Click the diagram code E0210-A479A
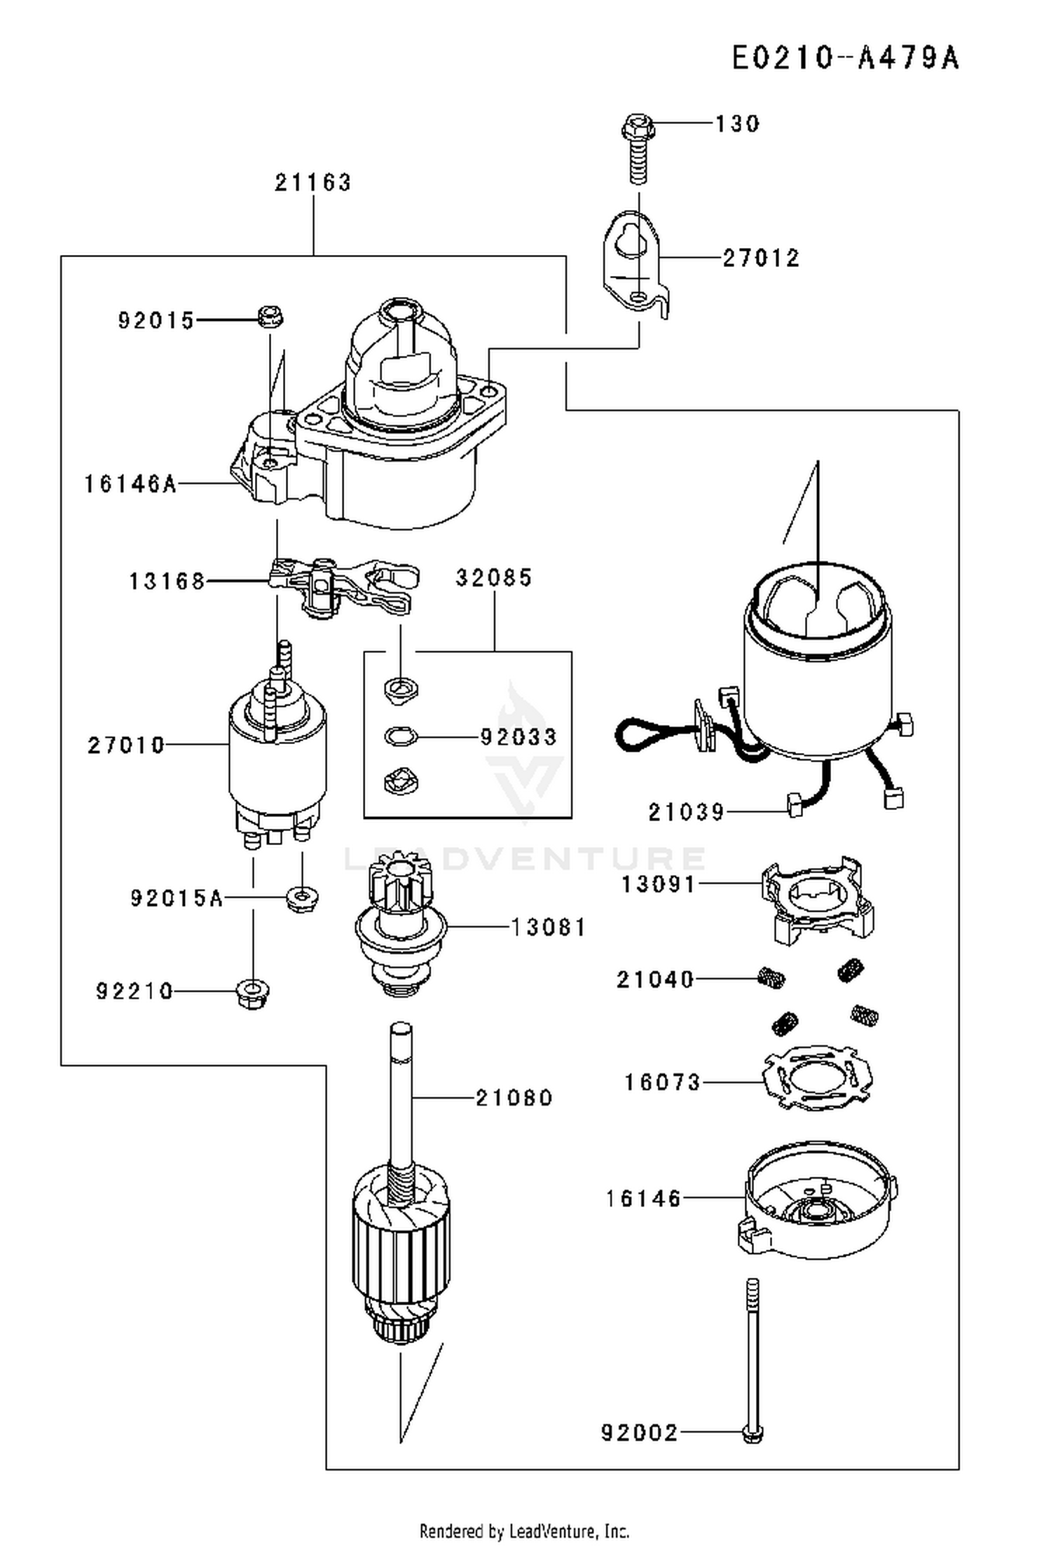point(845,57)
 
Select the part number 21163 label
point(312,183)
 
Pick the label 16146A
point(130,484)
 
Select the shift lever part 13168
point(343,586)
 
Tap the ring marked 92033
point(401,736)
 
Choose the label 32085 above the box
point(494,578)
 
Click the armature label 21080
point(514,1097)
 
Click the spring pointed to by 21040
point(771,977)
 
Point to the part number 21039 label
point(686,812)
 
